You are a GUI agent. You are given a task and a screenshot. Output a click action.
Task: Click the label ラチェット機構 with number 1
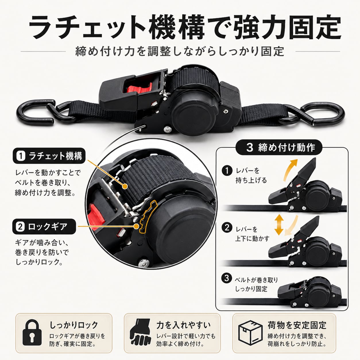click(49, 156)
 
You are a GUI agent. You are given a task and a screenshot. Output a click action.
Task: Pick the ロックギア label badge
click(44, 227)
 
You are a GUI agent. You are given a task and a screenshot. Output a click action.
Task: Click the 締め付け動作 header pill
click(279, 147)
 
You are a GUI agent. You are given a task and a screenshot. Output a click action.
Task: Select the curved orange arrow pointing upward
click(290, 169)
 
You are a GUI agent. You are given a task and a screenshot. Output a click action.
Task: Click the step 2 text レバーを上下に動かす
click(252, 234)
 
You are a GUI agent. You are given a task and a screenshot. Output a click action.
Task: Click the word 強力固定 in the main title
click(287, 27)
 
